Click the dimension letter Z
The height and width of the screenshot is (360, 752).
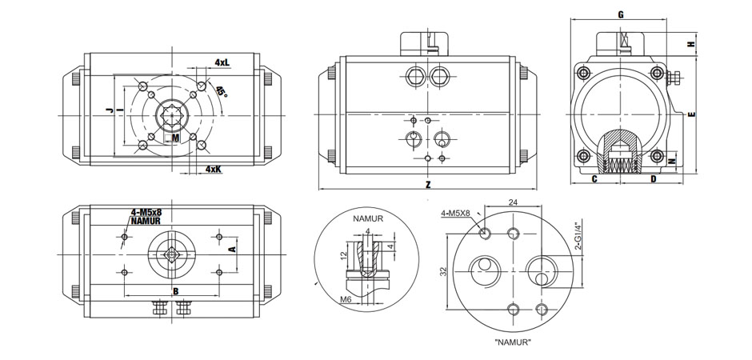[x=428, y=184]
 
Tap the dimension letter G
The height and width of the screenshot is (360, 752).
[x=621, y=14]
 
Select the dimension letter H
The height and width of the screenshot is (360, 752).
[x=691, y=44]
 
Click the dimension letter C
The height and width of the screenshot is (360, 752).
[x=594, y=179]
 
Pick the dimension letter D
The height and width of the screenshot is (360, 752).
[x=654, y=179]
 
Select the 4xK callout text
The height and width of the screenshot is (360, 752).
[x=213, y=170]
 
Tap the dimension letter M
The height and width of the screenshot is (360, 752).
[x=176, y=138]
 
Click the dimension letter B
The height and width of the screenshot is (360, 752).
[x=174, y=290]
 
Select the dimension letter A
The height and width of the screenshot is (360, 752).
[x=232, y=250]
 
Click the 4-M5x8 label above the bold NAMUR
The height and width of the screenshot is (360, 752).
[x=146, y=212]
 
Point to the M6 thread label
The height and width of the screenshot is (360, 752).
[x=345, y=298]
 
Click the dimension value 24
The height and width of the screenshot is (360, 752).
[x=513, y=202]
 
